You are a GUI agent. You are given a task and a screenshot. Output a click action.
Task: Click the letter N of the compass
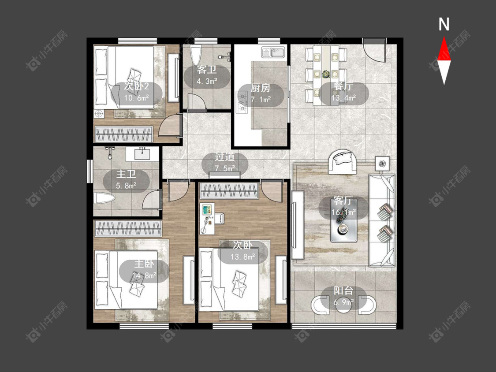(x=444, y=24)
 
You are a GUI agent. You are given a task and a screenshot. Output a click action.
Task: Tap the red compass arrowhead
(x=444, y=48)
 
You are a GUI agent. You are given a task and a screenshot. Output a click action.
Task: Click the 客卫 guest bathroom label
(x=207, y=70)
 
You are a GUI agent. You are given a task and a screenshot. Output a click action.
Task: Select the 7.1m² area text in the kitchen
(x=261, y=100)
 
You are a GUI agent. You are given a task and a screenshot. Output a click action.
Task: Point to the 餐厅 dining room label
(x=343, y=87)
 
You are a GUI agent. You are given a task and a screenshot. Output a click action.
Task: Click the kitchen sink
(x=274, y=52)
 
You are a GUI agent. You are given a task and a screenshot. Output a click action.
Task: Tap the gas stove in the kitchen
(x=242, y=102)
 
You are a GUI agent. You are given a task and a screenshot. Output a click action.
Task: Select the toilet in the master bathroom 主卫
(x=104, y=199)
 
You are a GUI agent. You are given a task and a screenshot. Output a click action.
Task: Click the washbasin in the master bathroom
(x=142, y=154)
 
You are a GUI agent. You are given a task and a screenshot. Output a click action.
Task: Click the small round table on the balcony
(x=344, y=305)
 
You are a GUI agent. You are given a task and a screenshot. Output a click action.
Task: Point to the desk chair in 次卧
(x=220, y=219)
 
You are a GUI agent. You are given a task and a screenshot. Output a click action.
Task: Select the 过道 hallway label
(x=225, y=156)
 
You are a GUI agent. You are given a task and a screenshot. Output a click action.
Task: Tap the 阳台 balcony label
(x=343, y=291)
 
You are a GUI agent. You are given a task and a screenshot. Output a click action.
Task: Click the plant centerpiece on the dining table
(x=325, y=74)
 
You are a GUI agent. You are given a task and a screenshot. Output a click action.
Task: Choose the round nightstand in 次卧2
(x=99, y=113)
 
